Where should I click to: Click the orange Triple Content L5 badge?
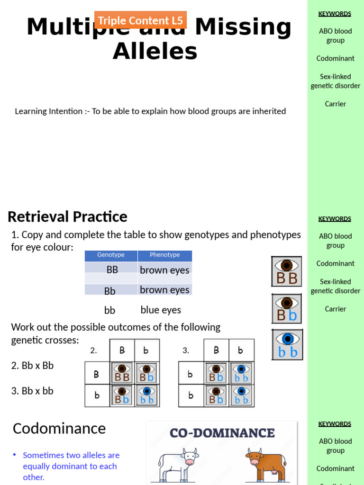coord(140,20)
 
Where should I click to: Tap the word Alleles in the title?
coord(155,51)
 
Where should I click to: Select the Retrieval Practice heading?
coord(67,216)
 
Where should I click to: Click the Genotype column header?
coord(111,255)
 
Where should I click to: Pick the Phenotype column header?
coord(164,255)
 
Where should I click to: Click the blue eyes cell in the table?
coord(161,310)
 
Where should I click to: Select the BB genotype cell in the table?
coord(112,269)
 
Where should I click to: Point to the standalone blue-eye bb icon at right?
coord(287,344)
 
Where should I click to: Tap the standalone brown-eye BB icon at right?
coord(287,271)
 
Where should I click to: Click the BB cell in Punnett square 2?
coord(122,373)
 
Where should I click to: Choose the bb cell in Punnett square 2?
coord(147,395)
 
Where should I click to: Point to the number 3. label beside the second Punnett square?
coord(186,350)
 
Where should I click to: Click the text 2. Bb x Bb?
coord(33,366)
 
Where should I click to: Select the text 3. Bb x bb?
coord(32,391)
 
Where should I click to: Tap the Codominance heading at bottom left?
coord(59,428)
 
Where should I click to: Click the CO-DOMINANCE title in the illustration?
coord(222,433)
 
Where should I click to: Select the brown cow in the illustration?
coord(265,464)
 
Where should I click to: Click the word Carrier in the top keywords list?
coord(335,104)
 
